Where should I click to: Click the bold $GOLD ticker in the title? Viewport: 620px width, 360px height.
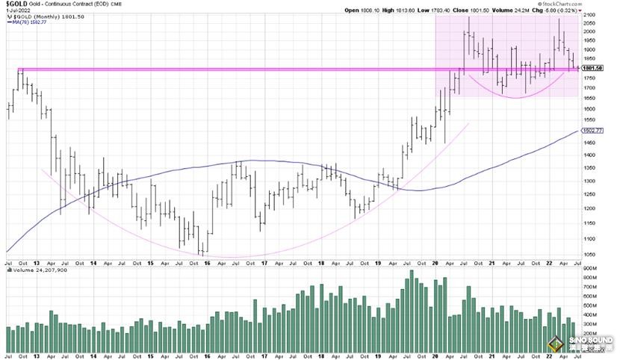17,4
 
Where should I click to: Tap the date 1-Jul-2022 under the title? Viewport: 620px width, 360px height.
19,10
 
